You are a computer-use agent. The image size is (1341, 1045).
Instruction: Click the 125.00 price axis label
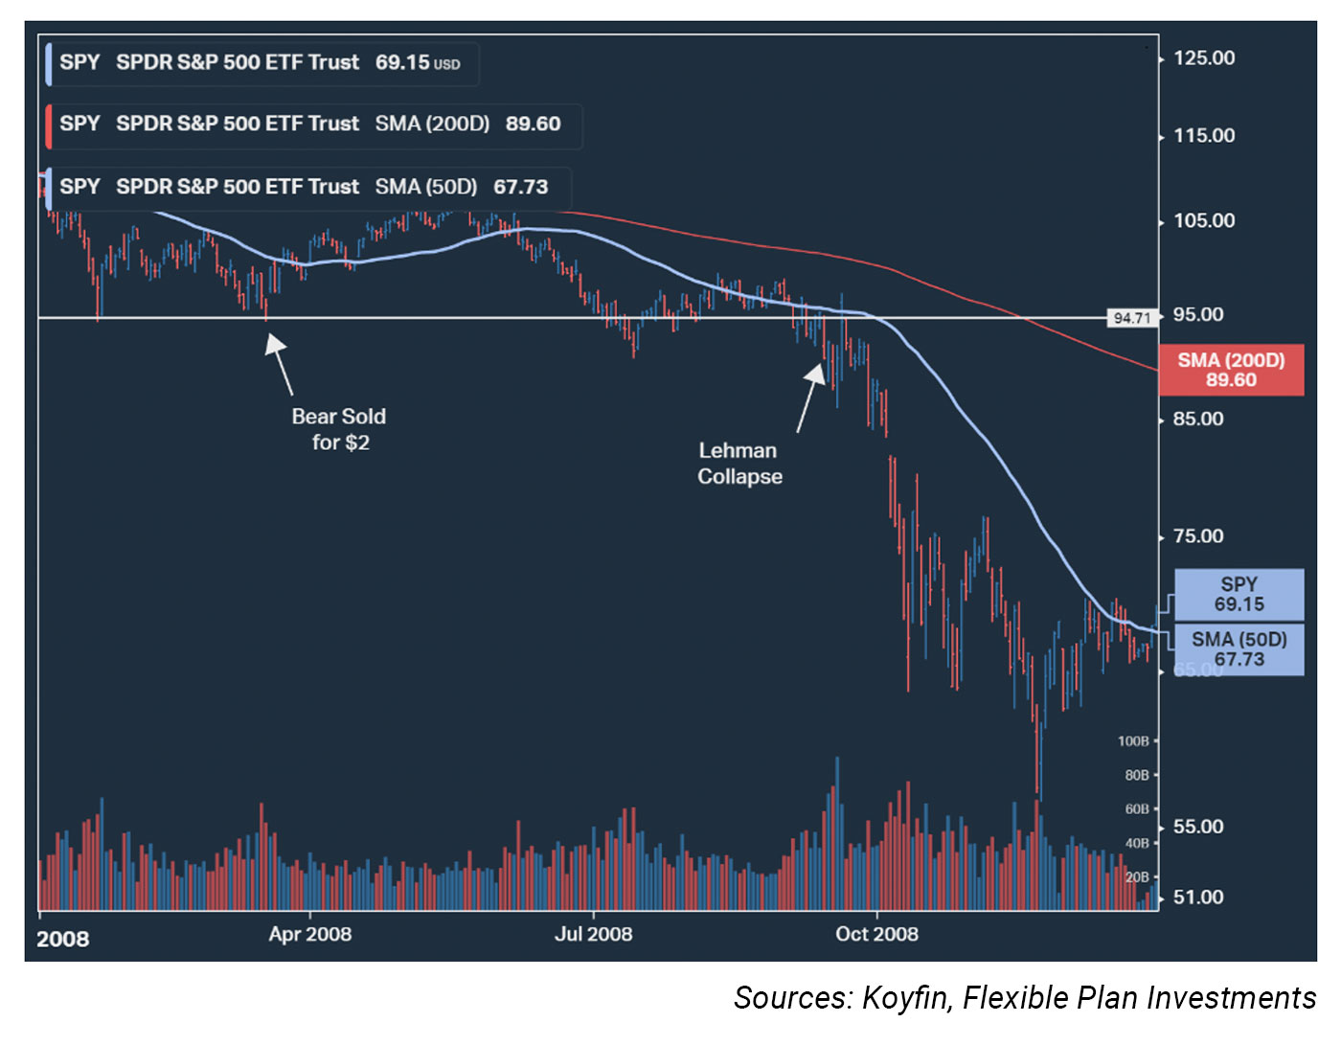(x=1203, y=58)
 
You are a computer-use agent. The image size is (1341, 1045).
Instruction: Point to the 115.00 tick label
(x=1203, y=136)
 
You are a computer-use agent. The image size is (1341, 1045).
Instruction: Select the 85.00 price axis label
(x=1197, y=420)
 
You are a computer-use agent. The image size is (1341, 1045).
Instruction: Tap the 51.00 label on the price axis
(x=1198, y=897)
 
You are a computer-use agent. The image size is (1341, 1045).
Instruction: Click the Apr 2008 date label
(x=309, y=934)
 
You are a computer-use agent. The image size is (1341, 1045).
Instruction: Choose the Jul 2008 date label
(x=593, y=934)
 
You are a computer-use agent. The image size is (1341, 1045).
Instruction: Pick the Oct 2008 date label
(x=876, y=934)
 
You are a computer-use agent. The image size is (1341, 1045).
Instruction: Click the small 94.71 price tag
(x=1131, y=318)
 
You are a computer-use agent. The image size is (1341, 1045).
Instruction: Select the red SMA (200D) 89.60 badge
(x=1231, y=370)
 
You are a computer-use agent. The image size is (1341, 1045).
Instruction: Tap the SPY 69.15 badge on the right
(x=1239, y=594)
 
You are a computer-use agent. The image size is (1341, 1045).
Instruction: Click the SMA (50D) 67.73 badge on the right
(x=1239, y=649)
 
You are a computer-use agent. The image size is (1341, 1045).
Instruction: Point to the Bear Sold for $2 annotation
(x=339, y=429)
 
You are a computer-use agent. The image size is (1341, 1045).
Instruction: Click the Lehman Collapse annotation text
(x=739, y=464)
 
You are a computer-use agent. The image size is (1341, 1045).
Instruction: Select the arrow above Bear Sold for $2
(x=280, y=363)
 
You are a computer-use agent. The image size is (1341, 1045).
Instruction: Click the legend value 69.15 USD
(x=417, y=63)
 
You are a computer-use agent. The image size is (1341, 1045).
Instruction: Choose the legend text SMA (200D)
(x=432, y=125)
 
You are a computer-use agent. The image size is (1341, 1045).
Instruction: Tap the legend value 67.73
(x=520, y=187)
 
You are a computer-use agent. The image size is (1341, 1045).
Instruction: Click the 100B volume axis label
(x=1132, y=741)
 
